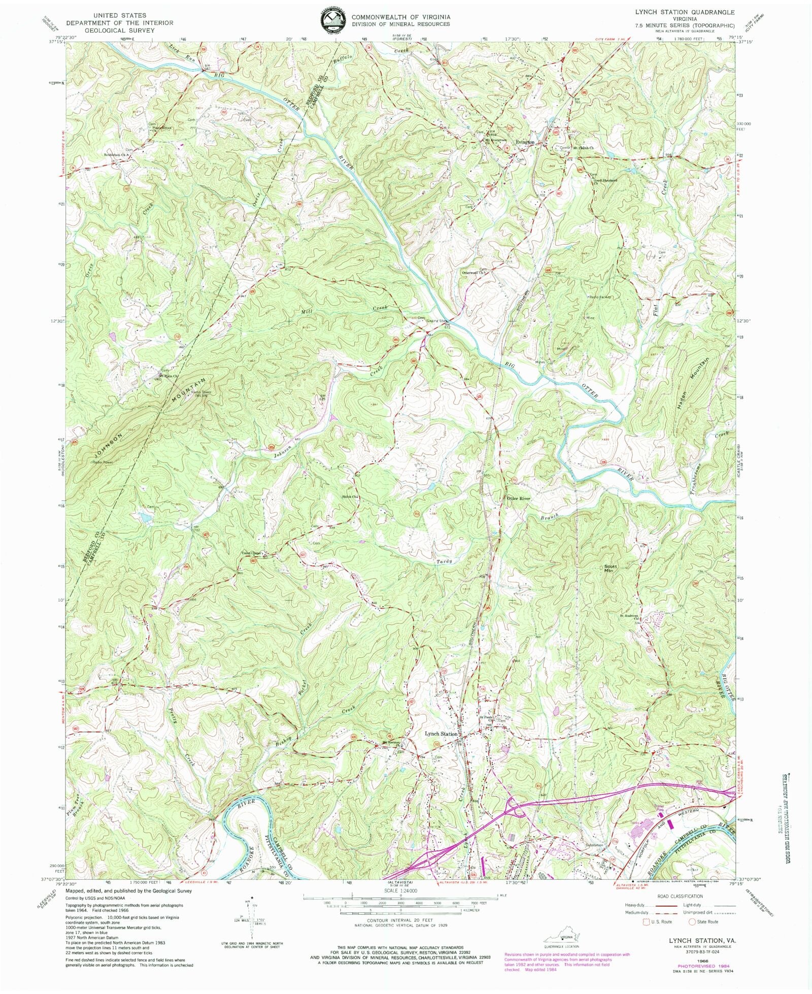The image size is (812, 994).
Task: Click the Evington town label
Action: tap(524, 143)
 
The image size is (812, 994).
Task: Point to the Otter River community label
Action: tap(518, 499)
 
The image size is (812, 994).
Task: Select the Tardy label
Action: tap(444, 561)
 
